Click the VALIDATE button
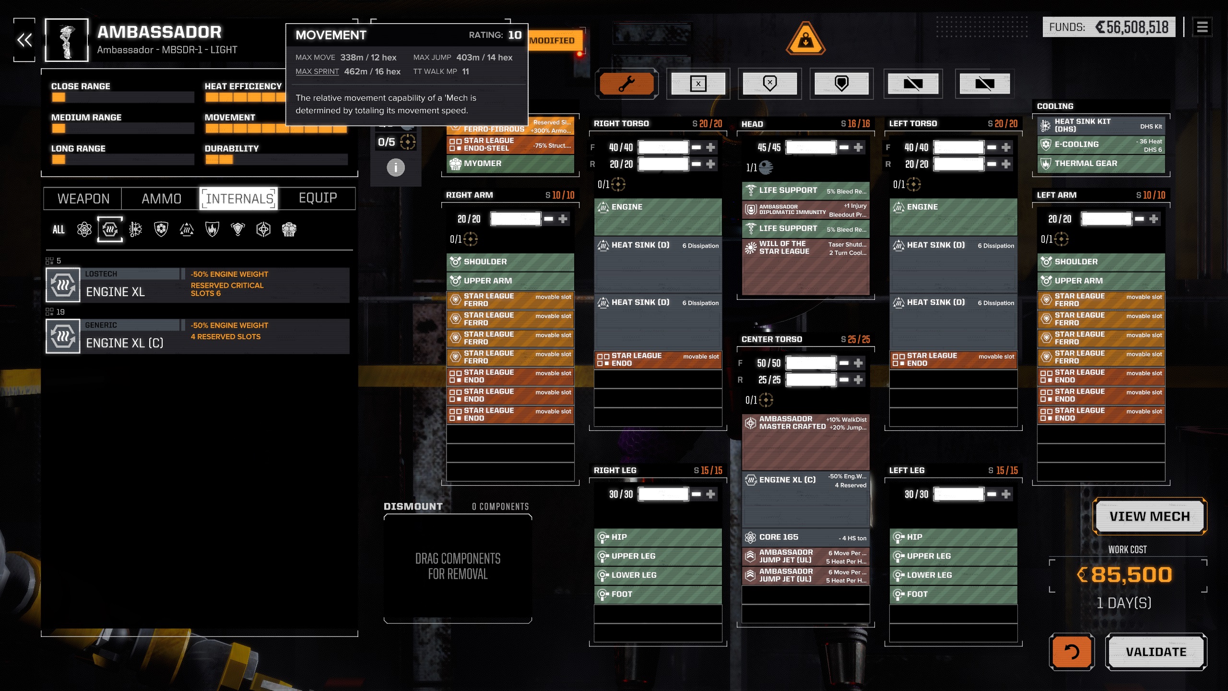pyautogui.click(x=1156, y=652)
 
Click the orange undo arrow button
pyautogui.click(x=1071, y=652)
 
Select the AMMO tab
pyautogui.click(x=161, y=199)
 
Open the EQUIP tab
pyautogui.click(x=318, y=198)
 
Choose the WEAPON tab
pyautogui.click(x=83, y=199)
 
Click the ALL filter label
pyautogui.click(x=59, y=230)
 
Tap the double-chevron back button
pyautogui.click(x=24, y=40)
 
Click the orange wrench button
pyautogui.click(x=626, y=84)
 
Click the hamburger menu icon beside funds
pyautogui.click(x=1202, y=27)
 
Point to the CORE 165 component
pyautogui.click(x=805, y=537)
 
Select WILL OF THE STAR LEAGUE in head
pyautogui.click(x=805, y=248)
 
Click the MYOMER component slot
pyautogui.click(x=510, y=164)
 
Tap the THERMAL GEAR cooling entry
pyautogui.click(x=1101, y=164)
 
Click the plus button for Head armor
pyautogui.click(x=858, y=147)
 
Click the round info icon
pyautogui.click(x=396, y=167)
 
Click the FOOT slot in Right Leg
pyautogui.click(x=658, y=594)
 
